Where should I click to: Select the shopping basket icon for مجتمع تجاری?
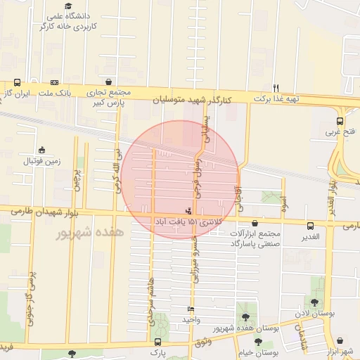pos(108,82)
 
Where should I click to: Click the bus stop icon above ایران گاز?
pos(16,82)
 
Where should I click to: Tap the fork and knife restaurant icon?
pos(276,88)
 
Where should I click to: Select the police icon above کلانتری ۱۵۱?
pos(188,210)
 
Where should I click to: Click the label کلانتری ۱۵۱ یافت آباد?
pos(188,221)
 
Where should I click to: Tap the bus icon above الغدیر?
pos(310,226)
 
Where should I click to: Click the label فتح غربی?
pos(341,131)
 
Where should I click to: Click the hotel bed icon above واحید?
pos(191,309)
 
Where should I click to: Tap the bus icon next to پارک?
pos(174,348)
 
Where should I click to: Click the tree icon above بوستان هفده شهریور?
pos(245,317)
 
